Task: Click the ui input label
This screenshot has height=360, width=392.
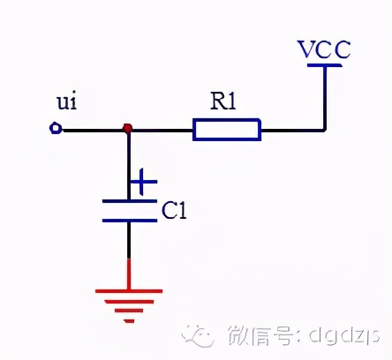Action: click(x=67, y=103)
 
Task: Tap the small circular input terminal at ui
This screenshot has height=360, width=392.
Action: click(x=56, y=130)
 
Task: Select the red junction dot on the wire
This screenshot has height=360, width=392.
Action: click(x=128, y=130)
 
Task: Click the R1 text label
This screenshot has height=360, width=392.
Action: click(x=224, y=101)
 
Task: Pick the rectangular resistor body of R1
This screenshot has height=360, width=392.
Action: click(x=227, y=131)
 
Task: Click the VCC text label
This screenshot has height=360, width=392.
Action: click(x=324, y=49)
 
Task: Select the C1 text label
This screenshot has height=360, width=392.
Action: click(x=175, y=211)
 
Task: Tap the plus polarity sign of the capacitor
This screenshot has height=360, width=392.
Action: click(x=143, y=184)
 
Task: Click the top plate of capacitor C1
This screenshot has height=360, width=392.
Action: click(x=129, y=202)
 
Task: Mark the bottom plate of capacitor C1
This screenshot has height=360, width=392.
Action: click(x=129, y=220)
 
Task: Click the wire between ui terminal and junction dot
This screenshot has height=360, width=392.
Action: click(x=92, y=130)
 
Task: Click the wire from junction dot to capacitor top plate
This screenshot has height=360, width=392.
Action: click(x=129, y=163)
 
